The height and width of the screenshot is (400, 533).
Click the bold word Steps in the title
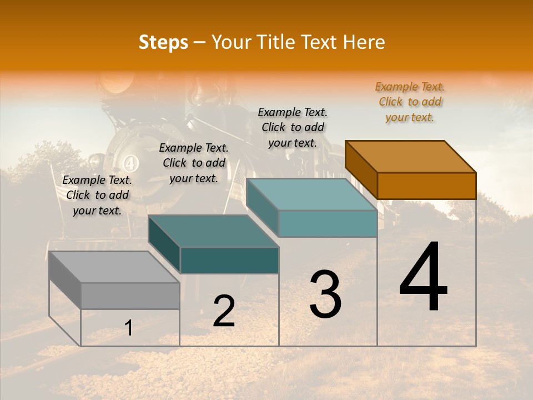click(x=163, y=42)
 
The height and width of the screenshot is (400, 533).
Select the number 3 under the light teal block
click(x=325, y=294)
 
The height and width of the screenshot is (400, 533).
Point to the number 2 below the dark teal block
click(x=224, y=311)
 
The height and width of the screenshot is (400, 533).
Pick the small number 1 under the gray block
click(x=129, y=328)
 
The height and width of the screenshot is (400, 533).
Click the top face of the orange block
click(x=410, y=156)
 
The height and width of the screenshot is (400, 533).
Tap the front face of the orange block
click(x=426, y=186)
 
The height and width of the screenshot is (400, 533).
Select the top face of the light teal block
click(x=311, y=194)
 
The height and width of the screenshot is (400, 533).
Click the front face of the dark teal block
click(x=229, y=260)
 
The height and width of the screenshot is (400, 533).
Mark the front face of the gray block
click(x=130, y=296)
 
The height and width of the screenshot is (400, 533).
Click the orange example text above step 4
click(x=410, y=102)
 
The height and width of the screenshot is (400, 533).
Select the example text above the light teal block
click(x=293, y=127)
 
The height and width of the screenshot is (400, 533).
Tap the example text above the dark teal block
click(x=194, y=163)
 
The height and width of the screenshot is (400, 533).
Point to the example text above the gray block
click(x=97, y=195)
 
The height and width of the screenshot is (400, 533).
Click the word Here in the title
click(x=364, y=42)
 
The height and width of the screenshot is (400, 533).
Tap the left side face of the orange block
click(x=361, y=169)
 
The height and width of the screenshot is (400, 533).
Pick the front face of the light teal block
click(x=328, y=223)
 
